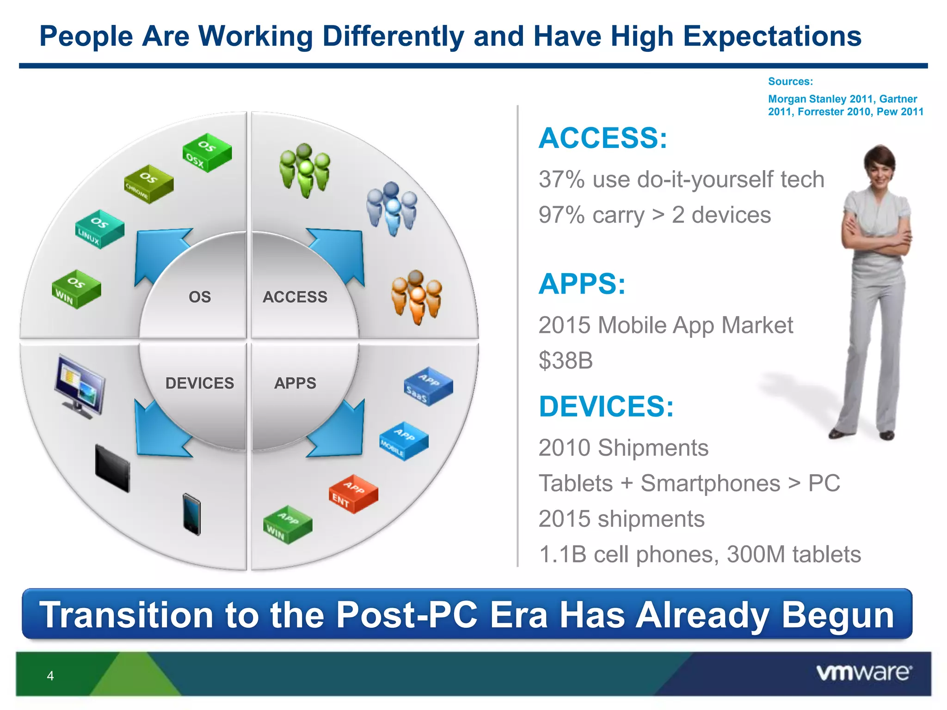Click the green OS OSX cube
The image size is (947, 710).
(207, 153)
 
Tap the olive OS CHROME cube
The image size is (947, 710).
(149, 184)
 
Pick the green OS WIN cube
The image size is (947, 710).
(76, 289)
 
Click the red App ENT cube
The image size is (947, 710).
(353, 494)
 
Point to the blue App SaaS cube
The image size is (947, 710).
(428, 386)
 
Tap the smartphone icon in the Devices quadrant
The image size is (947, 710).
(191, 514)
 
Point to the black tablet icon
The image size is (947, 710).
(112, 468)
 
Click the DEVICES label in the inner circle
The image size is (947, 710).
(200, 383)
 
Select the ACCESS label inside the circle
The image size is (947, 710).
(295, 297)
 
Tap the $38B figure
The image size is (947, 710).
(566, 361)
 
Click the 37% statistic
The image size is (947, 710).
(561, 179)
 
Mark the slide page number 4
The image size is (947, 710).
(50, 676)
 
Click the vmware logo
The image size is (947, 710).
(864, 673)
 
